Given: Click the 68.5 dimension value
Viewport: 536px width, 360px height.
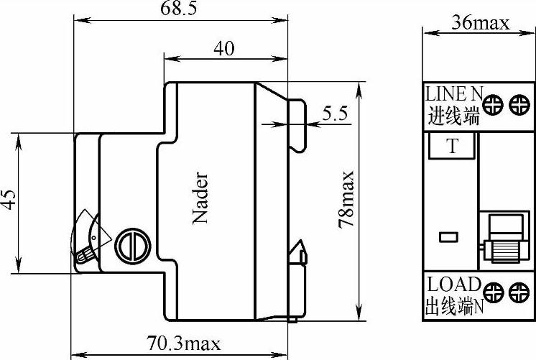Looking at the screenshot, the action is point(179,8).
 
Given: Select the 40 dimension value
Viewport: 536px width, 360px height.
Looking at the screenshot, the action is point(224,49).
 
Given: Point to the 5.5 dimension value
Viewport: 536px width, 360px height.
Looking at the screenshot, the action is point(335,114).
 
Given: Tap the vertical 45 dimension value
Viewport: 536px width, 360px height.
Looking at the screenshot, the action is point(9,199).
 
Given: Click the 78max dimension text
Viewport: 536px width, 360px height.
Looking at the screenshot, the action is point(346,199).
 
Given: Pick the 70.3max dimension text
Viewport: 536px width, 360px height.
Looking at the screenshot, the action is point(183,343).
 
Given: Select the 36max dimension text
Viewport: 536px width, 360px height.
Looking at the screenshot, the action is point(480,23).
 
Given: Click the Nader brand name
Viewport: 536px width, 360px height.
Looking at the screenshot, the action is point(200,198).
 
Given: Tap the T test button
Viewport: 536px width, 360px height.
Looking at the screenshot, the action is point(452,146).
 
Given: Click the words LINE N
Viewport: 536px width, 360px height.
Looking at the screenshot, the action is point(454,93).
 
